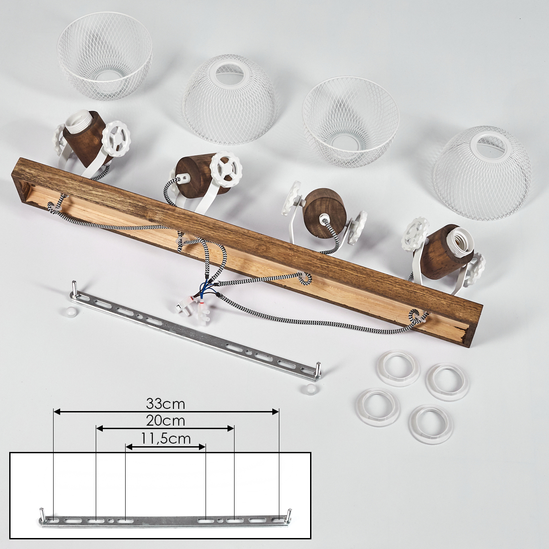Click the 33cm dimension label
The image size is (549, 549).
(x=166, y=404)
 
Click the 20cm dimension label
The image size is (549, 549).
(x=166, y=421)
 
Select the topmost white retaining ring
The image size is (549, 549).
(x=398, y=368)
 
